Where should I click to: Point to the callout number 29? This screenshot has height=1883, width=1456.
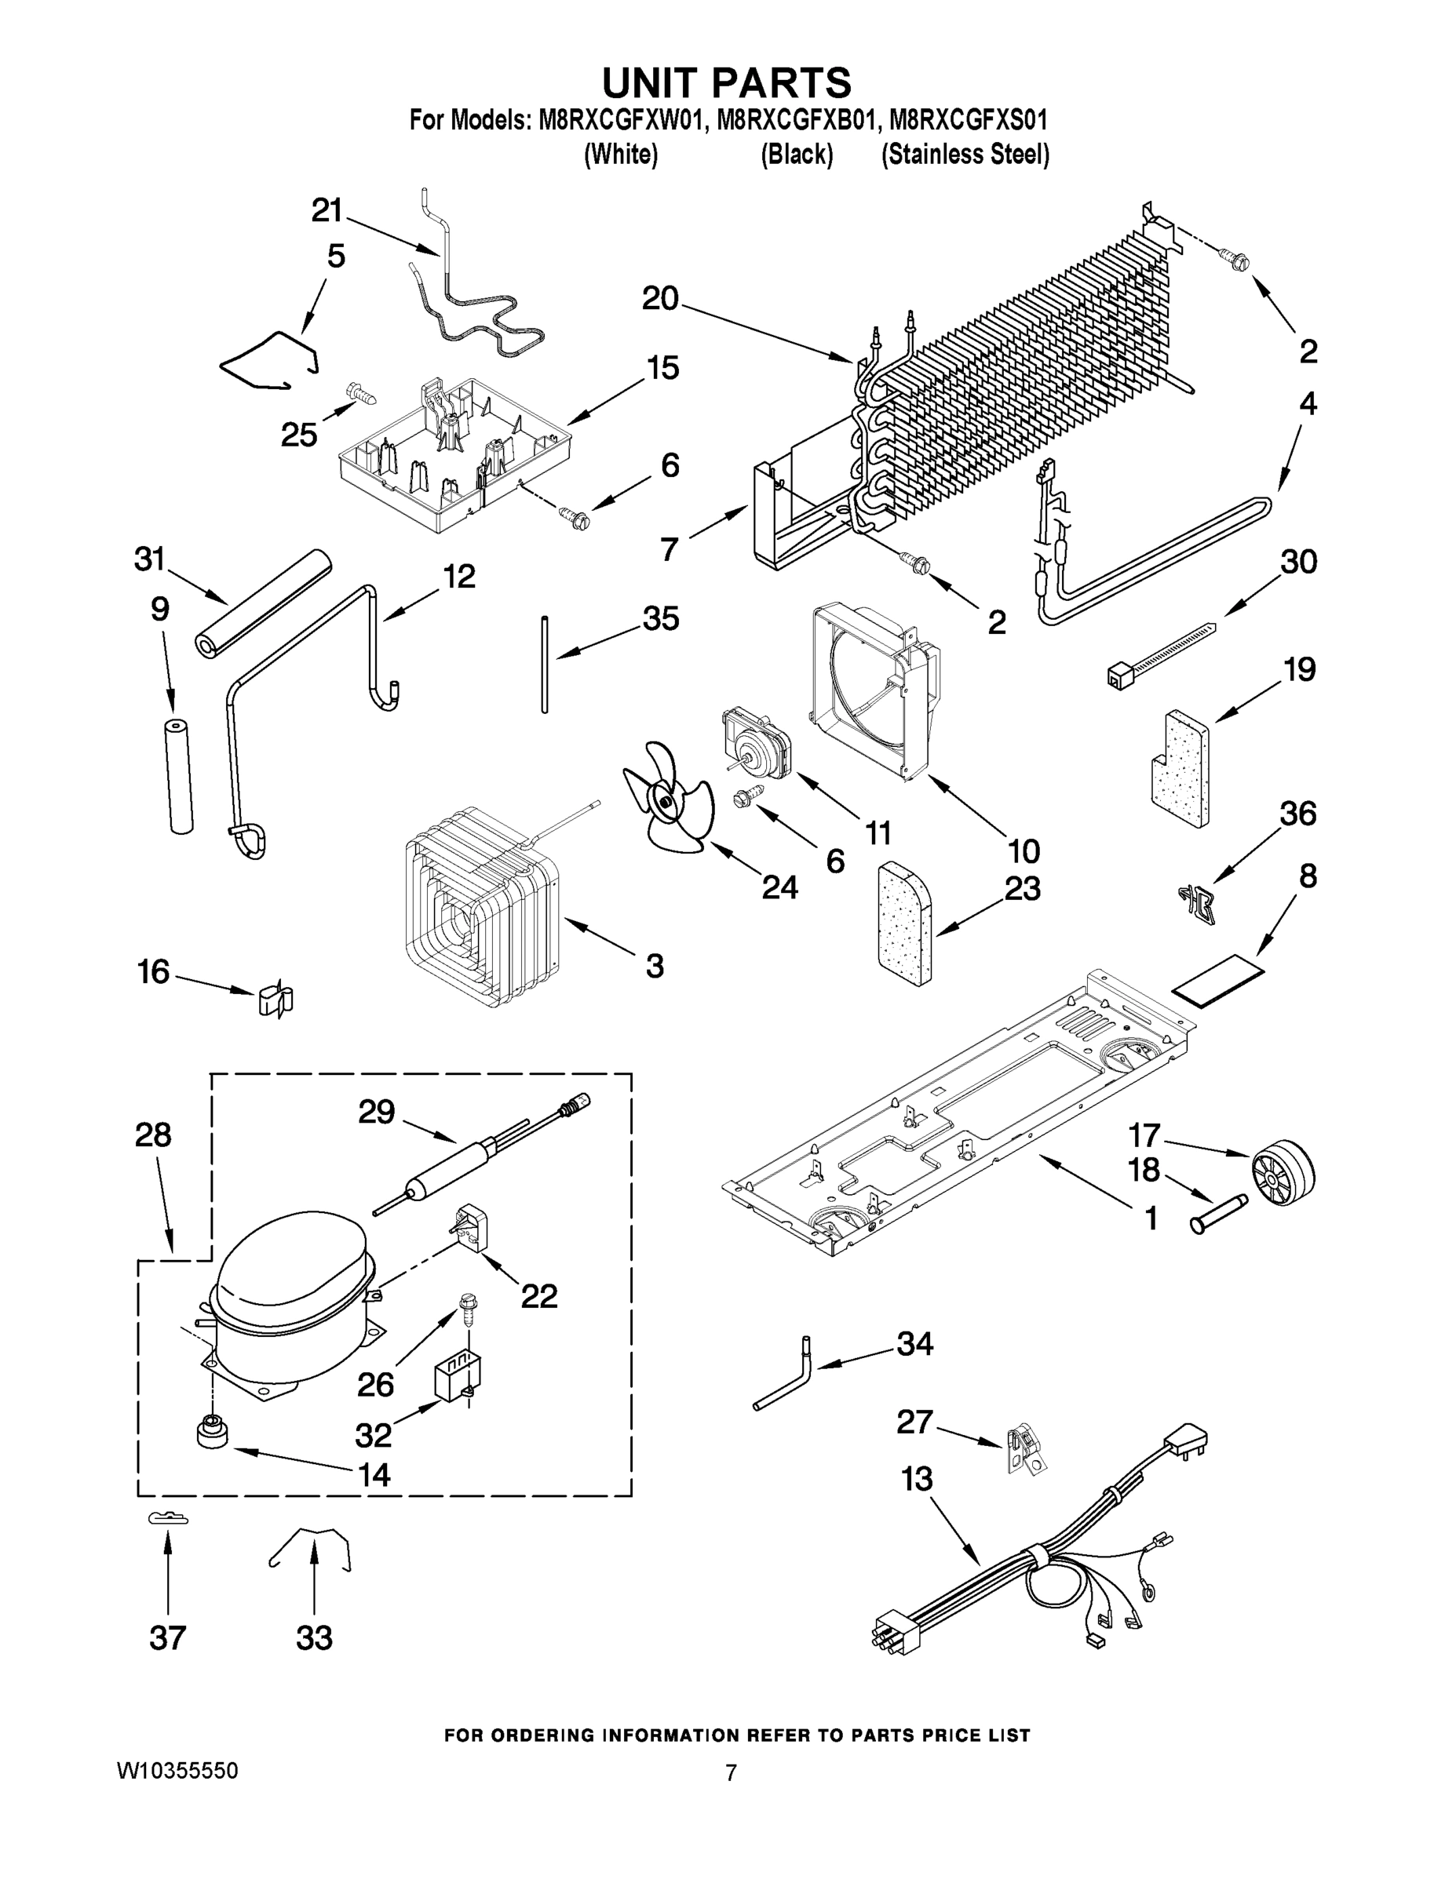pyautogui.click(x=377, y=1113)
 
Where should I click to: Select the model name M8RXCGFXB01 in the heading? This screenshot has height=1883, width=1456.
pyautogui.click(x=794, y=119)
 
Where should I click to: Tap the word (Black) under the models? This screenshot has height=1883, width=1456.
pyautogui.click(x=796, y=155)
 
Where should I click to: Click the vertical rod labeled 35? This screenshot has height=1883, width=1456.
pyautogui.click(x=544, y=663)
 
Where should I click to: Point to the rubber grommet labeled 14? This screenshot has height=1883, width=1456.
pyautogui.click(x=211, y=1432)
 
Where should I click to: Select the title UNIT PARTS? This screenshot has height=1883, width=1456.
pyautogui.click(x=726, y=82)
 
